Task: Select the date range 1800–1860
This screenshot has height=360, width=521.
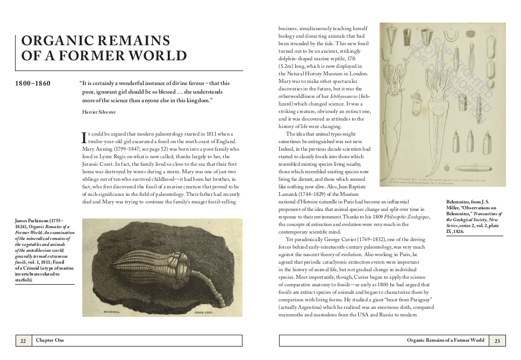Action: [33, 83]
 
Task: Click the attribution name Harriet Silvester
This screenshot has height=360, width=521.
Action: [98, 112]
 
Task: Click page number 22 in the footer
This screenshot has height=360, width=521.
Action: [23, 341]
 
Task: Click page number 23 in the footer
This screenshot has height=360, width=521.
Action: [497, 341]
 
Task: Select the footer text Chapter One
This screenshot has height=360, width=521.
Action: [50, 341]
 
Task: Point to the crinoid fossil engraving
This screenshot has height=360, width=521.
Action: [162, 267]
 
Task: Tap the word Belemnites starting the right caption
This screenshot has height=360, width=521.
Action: [460, 202]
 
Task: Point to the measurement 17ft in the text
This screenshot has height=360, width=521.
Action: [352, 58]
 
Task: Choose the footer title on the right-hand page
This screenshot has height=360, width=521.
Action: [446, 341]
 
